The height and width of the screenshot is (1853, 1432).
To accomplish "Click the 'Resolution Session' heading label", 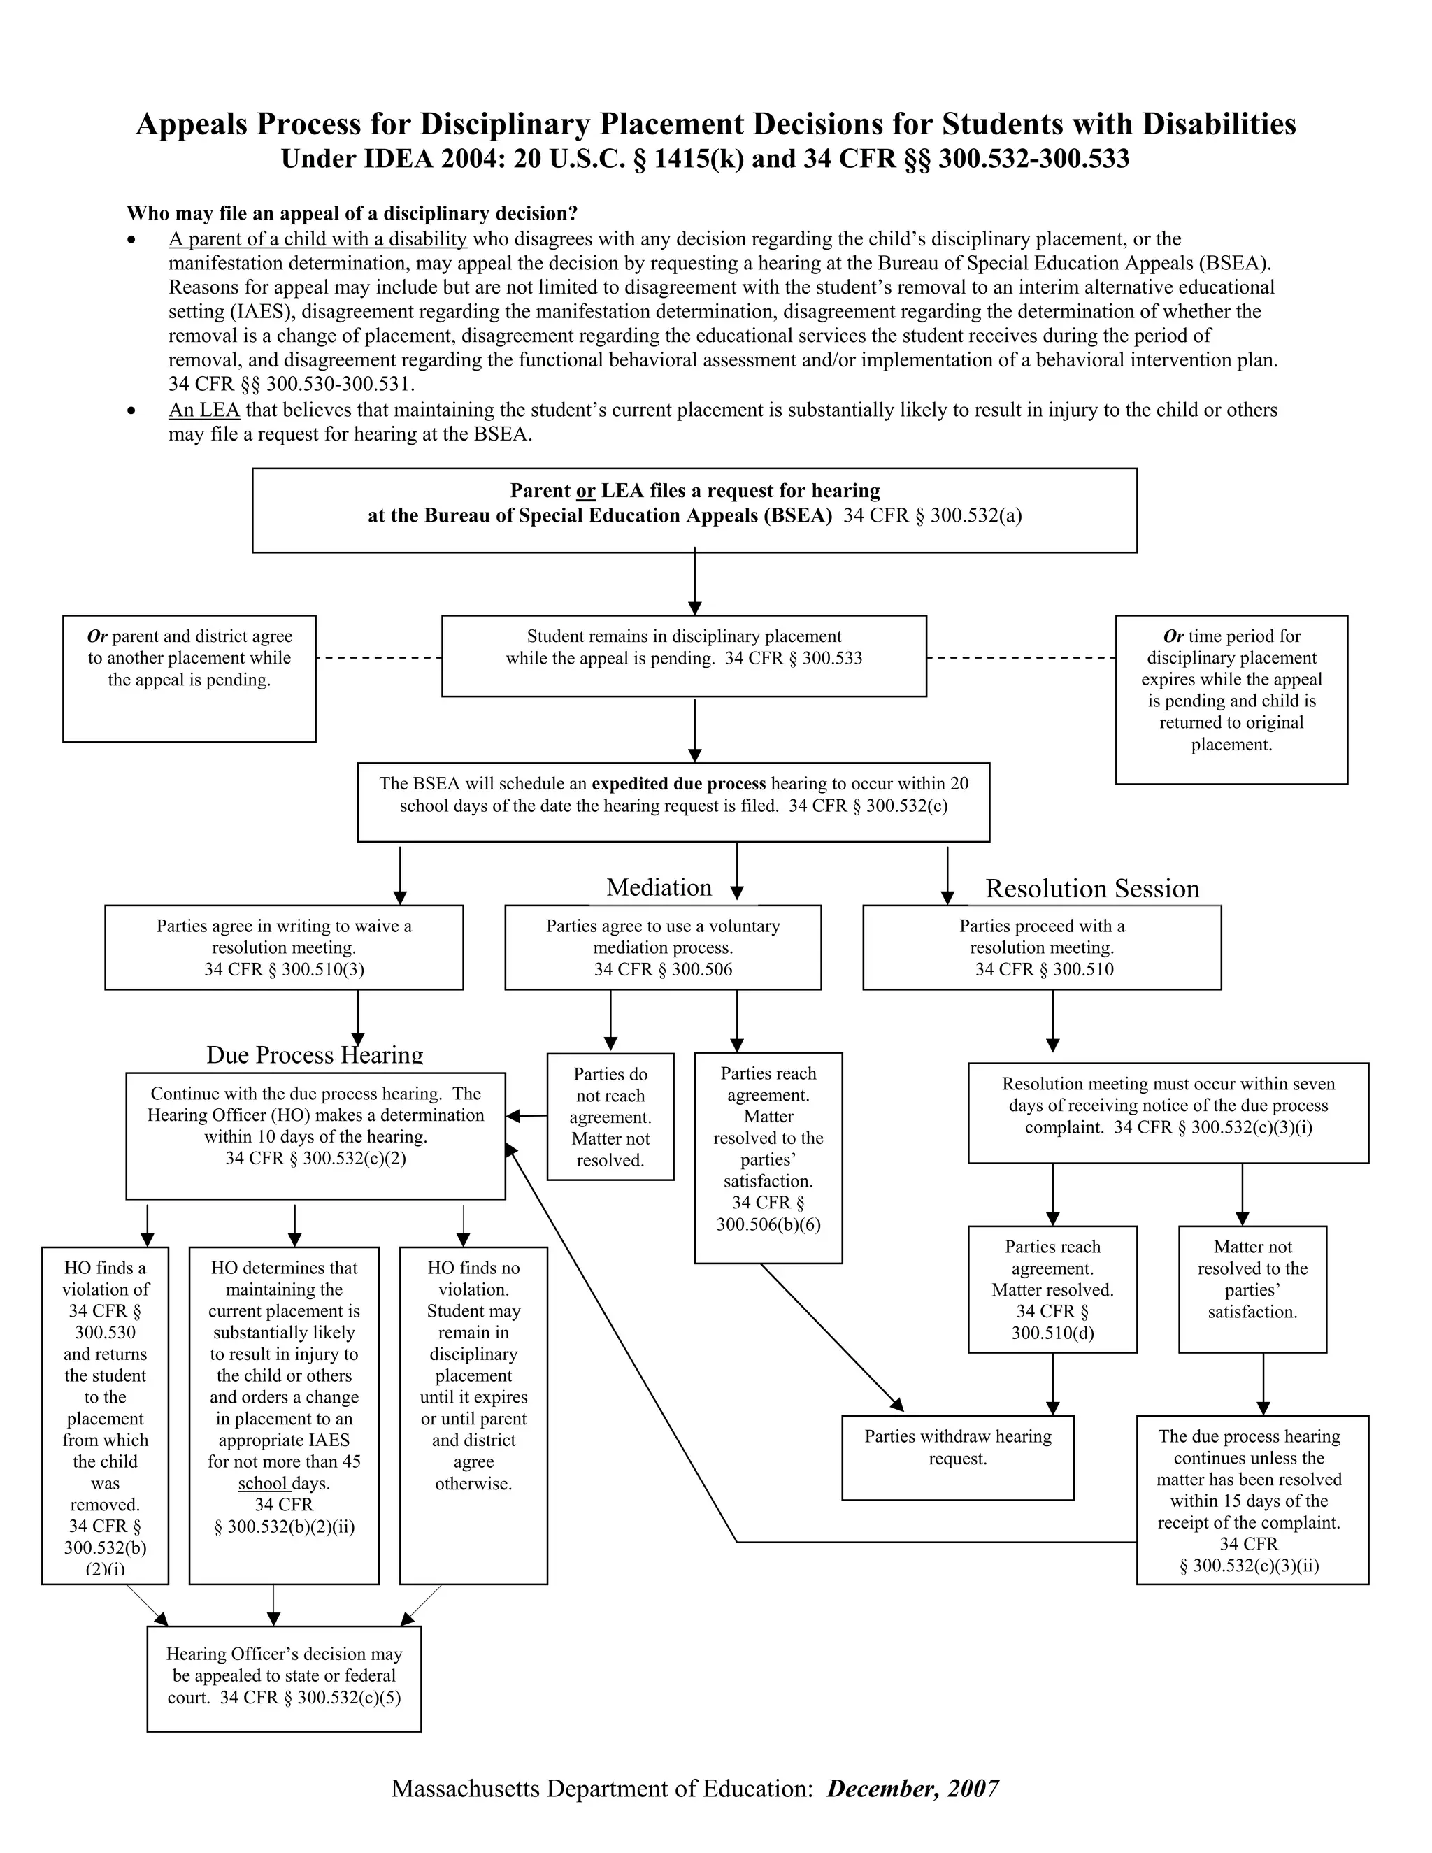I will click(1091, 888).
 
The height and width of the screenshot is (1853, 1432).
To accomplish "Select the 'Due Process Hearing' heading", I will click(315, 1054).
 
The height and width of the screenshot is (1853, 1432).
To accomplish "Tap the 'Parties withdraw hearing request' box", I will click(957, 1458).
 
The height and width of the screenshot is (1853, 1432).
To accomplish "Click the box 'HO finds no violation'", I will click(473, 1415).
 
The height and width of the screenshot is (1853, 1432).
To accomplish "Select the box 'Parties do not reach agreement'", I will click(610, 1117).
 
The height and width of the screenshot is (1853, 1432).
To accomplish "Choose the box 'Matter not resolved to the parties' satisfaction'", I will click(1252, 1289).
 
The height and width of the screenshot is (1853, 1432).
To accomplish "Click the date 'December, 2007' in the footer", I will click(912, 1789).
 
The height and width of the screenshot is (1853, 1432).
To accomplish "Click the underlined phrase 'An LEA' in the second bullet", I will click(204, 410).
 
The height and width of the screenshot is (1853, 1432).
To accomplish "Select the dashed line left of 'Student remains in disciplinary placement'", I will click(378, 657).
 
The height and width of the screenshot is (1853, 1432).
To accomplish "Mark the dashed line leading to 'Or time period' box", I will click(1021, 657).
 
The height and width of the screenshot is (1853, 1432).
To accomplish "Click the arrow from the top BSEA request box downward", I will click(695, 582).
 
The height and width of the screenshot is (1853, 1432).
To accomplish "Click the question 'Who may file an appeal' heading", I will click(352, 213).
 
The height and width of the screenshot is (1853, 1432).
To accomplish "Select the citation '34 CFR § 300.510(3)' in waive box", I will click(284, 970).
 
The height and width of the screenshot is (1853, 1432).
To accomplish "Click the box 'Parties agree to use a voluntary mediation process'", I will click(663, 947).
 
